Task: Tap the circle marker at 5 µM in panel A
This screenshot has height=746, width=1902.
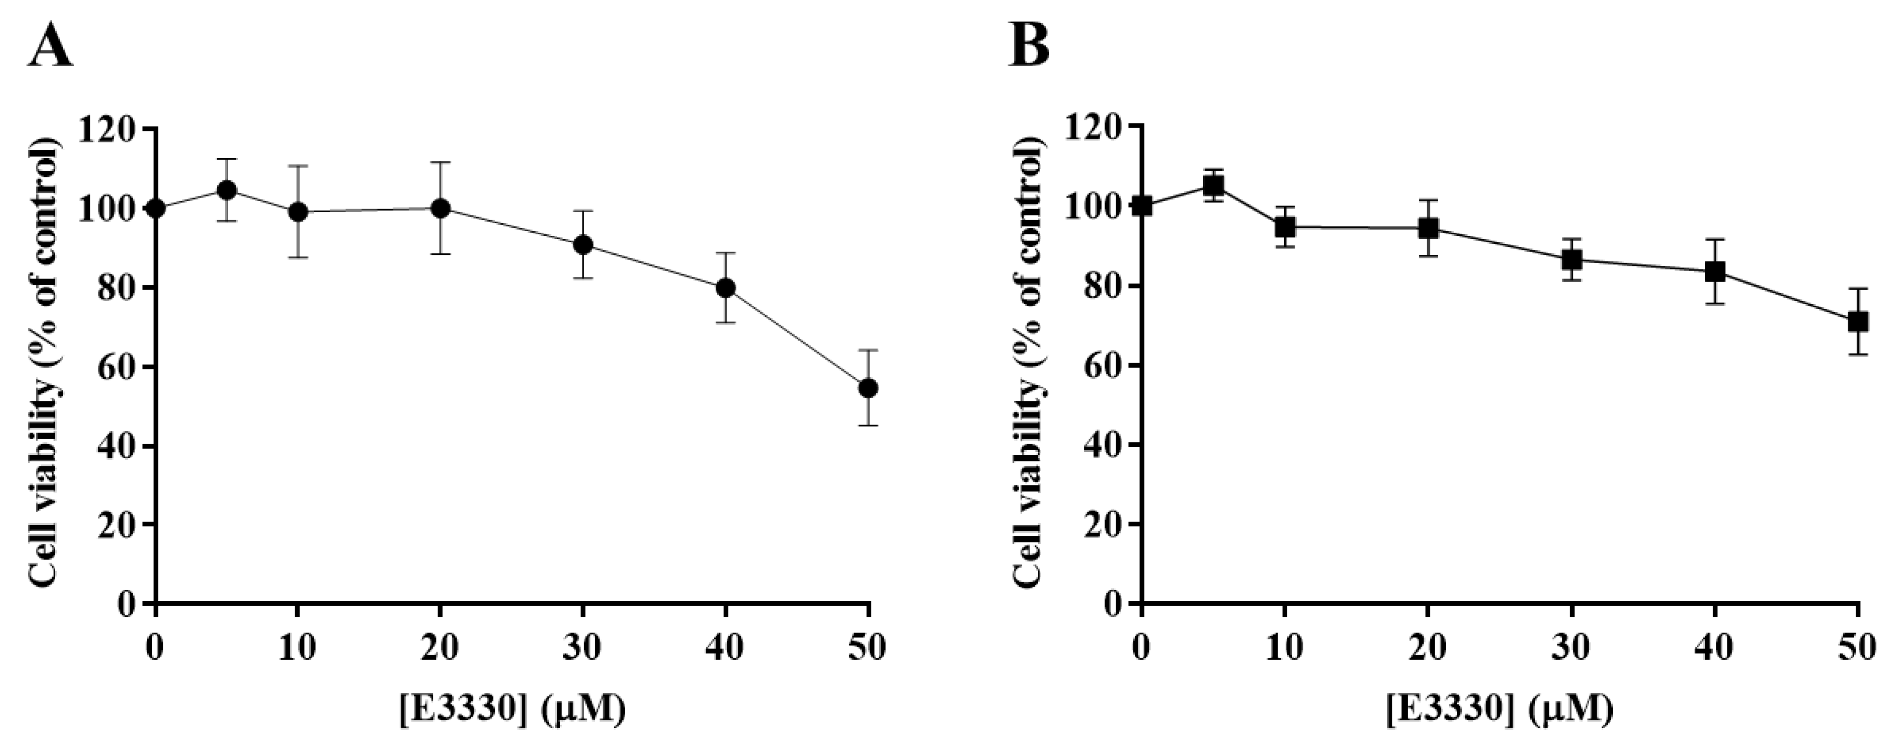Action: click(x=227, y=190)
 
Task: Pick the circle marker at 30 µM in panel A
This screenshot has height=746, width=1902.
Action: click(x=583, y=244)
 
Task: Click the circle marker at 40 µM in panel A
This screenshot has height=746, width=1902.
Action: click(x=726, y=288)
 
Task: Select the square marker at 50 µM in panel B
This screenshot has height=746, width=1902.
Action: click(x=1858, y=322)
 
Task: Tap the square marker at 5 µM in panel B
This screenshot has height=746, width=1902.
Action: click(x=1213, y=186)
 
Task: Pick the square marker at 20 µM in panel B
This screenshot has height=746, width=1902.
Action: click(x=1429, y=228)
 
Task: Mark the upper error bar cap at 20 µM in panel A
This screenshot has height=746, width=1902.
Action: click(x=440, y=162)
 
